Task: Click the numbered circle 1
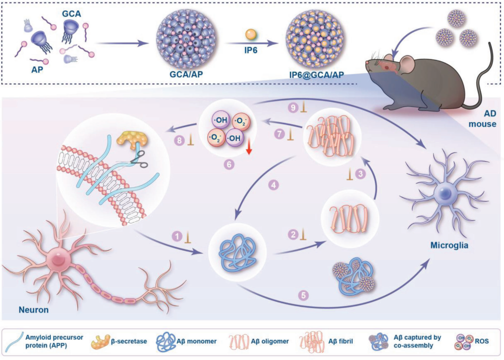click(177, 236)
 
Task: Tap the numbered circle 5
click(303, 295)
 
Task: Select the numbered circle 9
click(293, 107)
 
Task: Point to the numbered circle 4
click(273, 185)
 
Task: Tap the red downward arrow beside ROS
click(249, 149)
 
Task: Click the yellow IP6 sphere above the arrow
click(251, 34)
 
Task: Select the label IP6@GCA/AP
click(316, 75)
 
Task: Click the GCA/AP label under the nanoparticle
click(187, 74)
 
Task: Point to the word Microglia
click(450, 245)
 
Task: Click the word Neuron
click(34, 310)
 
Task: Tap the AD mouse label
click(482, 118)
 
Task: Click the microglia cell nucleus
click(445, 193)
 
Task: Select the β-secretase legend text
click(129, 341)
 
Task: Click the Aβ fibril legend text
click(341, 341)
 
